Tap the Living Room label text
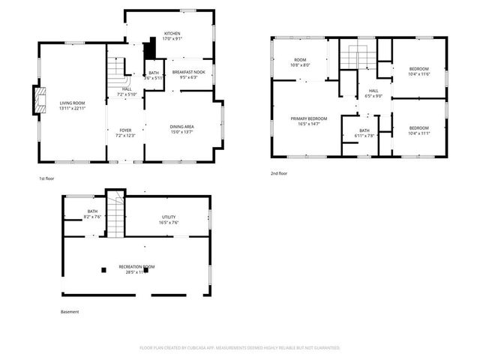tap(73, 105)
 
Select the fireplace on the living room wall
tap(35, 100)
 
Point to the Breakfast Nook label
tap(189, 74)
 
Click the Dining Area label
tap(183, 129)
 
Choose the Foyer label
tap(125, 133)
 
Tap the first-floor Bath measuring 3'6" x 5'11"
tap(153, 75)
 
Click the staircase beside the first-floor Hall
tap(116, 72)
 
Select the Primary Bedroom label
tap(309, 121)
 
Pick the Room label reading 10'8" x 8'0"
tap(300, 62)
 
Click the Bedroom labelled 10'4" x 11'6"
tap(418, 70)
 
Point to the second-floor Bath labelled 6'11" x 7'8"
tap(364, 133)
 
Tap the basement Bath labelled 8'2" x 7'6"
tap(93, 214)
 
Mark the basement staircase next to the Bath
tap(114, 214)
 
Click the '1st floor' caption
tap(46, 178)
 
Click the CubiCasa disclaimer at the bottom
tap(240, 348)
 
